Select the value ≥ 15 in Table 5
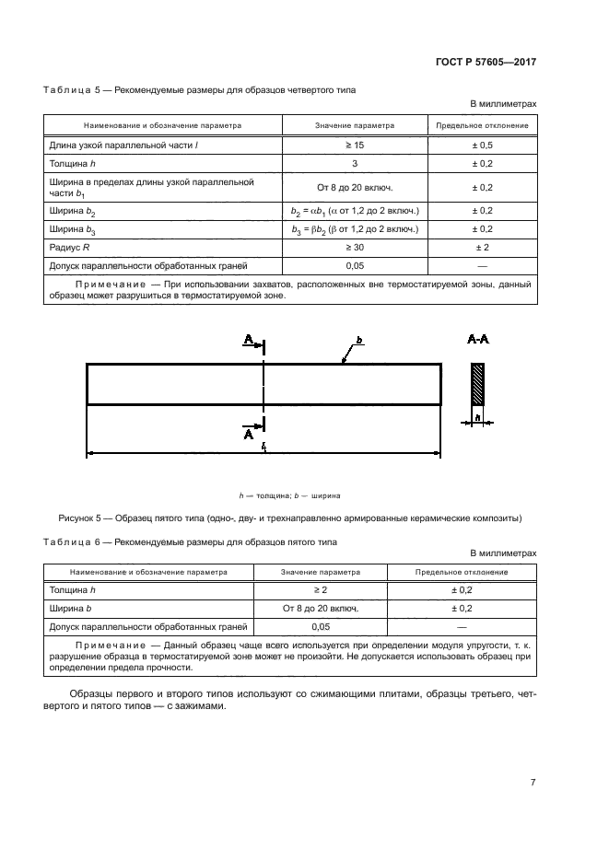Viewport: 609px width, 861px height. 354,145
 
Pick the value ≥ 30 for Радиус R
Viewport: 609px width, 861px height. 354,248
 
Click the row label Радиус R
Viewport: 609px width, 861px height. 69,248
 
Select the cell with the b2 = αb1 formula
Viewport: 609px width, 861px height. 354,211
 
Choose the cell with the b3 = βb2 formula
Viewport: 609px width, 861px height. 354,229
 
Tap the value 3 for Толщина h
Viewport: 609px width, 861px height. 354,163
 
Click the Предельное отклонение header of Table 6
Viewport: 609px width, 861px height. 462,572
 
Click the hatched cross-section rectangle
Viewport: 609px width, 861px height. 477,385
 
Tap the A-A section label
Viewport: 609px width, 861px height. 478,340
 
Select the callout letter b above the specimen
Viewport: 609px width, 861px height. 360,341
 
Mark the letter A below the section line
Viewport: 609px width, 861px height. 249,436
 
